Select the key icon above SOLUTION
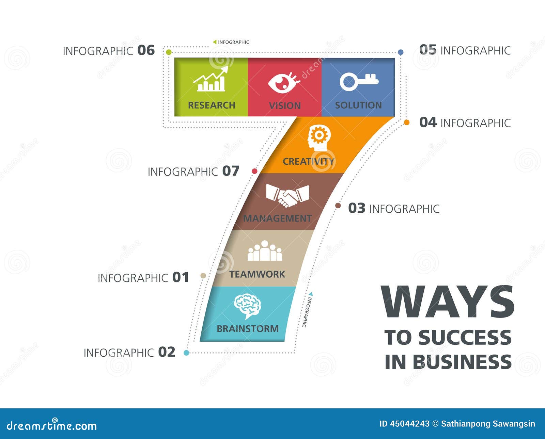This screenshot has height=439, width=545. (x=358, y=81)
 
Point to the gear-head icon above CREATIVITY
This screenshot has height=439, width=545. (x=319, y=138)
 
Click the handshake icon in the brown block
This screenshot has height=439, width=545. (x=287, y=196)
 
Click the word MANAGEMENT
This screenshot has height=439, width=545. (x=277, y=218)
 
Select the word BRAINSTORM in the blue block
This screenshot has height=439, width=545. (x=248, y=329)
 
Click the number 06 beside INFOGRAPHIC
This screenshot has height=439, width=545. (x=146, y=50)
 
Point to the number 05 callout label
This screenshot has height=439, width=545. (x=428, y=50)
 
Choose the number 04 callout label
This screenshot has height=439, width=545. (x=428, y=122)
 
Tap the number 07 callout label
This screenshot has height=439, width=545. (x=231, y=171)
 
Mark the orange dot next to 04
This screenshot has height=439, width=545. (x=406, y=123)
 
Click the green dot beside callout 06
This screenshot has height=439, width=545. (x=169, y=52)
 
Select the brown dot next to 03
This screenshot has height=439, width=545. (x=338, y=206)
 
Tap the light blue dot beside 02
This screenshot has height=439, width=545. (x=186, y=353)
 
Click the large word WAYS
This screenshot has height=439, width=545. (x=448, y=302)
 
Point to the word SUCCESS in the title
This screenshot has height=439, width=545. (x=465, y=338)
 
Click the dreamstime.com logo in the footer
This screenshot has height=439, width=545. (x=52, y=425)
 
